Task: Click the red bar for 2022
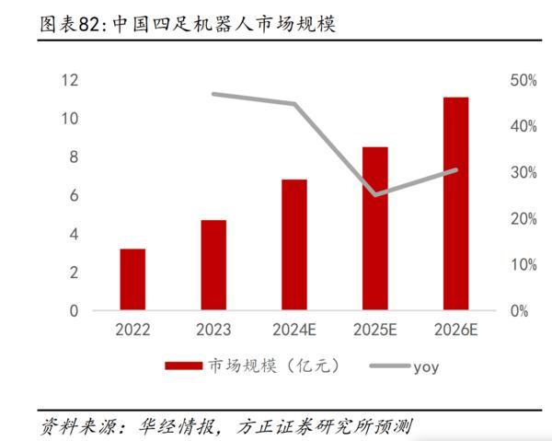point(132,279)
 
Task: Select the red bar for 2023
point(213,265)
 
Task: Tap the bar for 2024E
point(294,245)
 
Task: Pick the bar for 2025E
point(375,228)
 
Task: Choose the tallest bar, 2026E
point(455,203)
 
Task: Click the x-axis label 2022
point(132,329)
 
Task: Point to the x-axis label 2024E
point(294,329)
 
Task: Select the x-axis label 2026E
point(455,329)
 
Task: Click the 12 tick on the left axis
point(69,80)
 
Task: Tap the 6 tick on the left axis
point(73,196)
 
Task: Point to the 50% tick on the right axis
point(522,80)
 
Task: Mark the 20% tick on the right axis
point(522,219)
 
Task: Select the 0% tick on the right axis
point(519,311)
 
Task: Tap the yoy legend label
point(425,366)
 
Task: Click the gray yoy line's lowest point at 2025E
point(375,194)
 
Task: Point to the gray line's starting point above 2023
point(213,94)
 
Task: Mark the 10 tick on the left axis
point(69,119)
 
